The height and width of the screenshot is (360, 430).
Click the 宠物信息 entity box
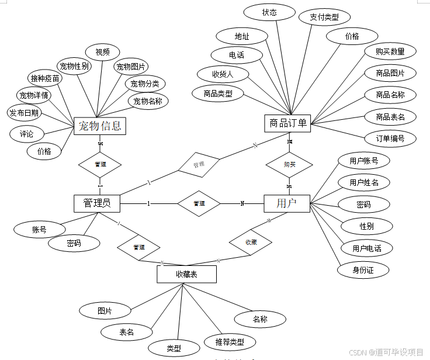[x=100, y=126]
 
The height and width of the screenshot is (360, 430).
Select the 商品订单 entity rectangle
[x=287, y=123]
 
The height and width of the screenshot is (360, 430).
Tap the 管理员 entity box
[x=97, y=203]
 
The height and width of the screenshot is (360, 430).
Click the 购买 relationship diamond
[x=289, y=164]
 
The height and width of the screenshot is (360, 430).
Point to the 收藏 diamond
[x=251, y=241]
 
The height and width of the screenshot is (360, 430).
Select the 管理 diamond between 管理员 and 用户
[x=199, y=203]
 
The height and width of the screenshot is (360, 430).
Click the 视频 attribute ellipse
[x=103, y=52]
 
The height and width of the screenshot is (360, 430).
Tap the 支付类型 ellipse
[x=324, y=17]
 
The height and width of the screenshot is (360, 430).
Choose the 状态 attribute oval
[x=269, y=12]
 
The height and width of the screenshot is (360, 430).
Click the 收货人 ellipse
[x=223, y=74]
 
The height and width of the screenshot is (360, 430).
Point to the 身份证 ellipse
[x=363, y=269]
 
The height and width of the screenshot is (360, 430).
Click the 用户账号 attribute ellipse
[x=364, y=160]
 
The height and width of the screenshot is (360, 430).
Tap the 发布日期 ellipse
[x=25, y=112]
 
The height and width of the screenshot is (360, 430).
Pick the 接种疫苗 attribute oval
[x=45, y=78]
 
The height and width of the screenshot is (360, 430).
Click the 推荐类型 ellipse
[x=225, y=342]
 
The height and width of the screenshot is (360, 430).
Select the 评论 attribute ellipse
[x=27, y=134]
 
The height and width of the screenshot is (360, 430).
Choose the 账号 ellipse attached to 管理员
[x=40, y=230]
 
